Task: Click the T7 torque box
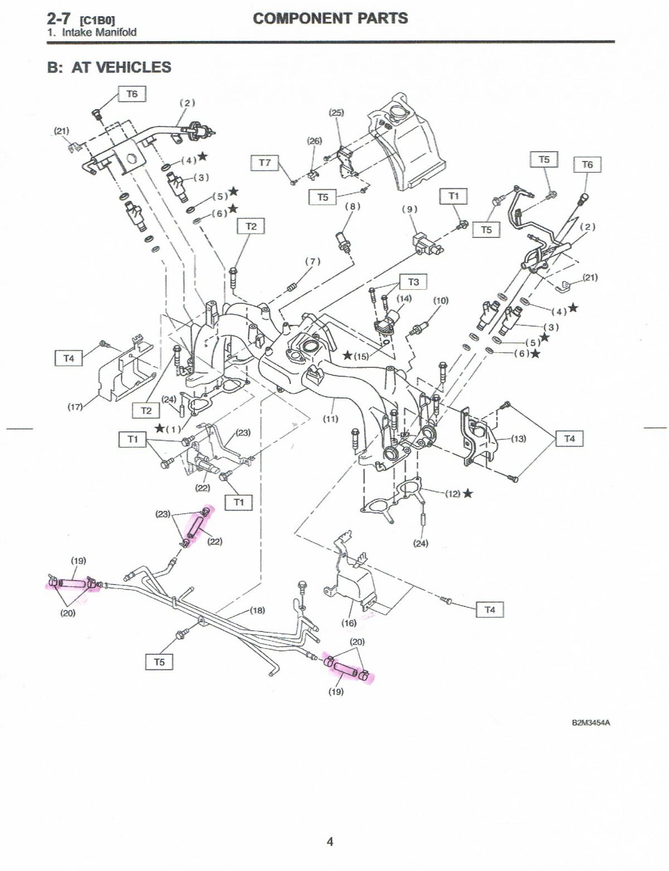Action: [265, 163]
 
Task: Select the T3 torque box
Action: [413, 282]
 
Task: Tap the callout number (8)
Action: [352, 206]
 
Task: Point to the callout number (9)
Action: [410, 210]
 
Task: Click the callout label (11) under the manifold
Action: [331, 419]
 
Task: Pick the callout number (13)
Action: [518, 439]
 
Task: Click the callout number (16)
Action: [349, 623]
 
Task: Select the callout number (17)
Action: [75, 407]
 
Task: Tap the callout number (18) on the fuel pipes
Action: [257, 610]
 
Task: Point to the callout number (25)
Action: [336, 113]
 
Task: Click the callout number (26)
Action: [315, 141]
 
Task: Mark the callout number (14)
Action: [404, 299]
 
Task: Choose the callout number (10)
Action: [441, 301]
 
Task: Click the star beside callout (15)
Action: [347, 355]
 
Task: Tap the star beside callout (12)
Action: [468, 493]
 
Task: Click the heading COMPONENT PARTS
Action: [330, 18]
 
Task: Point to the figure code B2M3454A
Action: [591, 723]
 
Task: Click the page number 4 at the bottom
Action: [330, 841]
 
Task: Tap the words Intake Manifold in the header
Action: [99, 32]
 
